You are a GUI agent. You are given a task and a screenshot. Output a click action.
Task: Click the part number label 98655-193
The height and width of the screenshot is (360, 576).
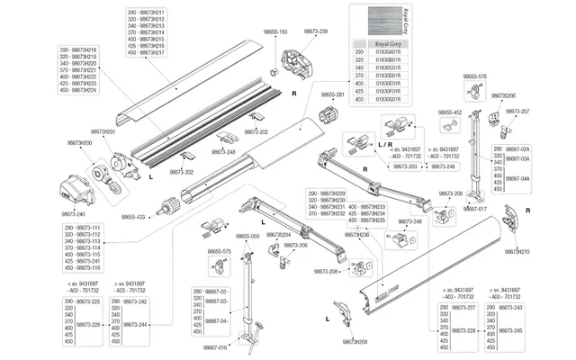[x=275, y=31]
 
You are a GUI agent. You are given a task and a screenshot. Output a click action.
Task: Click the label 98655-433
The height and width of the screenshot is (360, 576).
[x=133, y=217]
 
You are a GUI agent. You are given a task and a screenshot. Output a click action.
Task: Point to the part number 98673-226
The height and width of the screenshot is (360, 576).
[x=88, y=324]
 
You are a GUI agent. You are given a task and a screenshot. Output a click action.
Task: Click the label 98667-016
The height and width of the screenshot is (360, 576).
[x=215, y=347]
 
